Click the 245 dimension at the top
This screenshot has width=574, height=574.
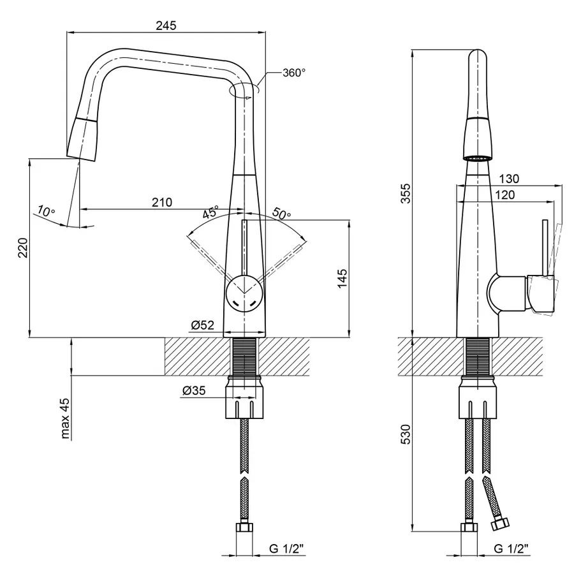click(165, 26)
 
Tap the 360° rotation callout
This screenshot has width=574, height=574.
click(294, 73)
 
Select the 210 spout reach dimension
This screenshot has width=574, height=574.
click(161, 203)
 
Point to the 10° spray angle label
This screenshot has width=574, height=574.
click(46, 211)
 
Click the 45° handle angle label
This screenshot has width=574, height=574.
click(211, 212)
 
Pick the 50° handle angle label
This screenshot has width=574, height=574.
click(281, 214)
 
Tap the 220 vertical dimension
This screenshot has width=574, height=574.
click(22, 247)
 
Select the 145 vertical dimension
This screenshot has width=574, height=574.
click(342, 278)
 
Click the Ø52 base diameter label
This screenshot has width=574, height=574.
click(202, 326)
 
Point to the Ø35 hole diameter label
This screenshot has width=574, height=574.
click(193, 392)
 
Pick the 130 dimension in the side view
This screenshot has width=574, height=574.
click(510, 179)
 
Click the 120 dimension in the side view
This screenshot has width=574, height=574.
click(504, 195)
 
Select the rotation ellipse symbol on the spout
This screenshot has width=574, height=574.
click(244, 91)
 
